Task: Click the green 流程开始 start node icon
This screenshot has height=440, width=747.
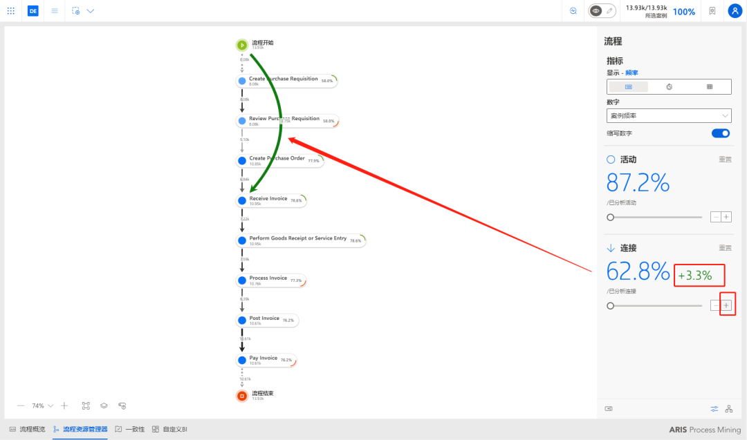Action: pos(242,45)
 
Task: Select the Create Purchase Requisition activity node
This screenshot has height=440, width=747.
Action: pos(285,81)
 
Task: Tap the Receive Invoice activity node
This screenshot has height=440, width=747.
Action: pos(270,200)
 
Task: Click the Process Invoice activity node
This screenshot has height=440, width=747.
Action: pos(270,280)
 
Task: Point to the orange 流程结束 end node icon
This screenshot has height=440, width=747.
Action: pos(242,396)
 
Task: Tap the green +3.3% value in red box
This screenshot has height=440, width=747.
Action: pos(699,276)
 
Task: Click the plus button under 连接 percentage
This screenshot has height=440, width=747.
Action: pos(726,305)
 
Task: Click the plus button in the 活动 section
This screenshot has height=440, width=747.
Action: pos(726,217)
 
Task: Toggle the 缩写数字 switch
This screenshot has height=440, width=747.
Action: pos(721,133)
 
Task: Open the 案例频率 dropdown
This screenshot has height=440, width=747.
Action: pos(669,116)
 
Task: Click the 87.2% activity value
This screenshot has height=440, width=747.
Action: pos(638,183)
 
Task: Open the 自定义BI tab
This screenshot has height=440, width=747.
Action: pos(170,429)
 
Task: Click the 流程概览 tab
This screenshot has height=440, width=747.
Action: pos(27,429)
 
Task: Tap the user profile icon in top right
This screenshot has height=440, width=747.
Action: pos(735,11)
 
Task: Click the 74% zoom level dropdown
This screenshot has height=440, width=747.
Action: pos(42,406)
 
